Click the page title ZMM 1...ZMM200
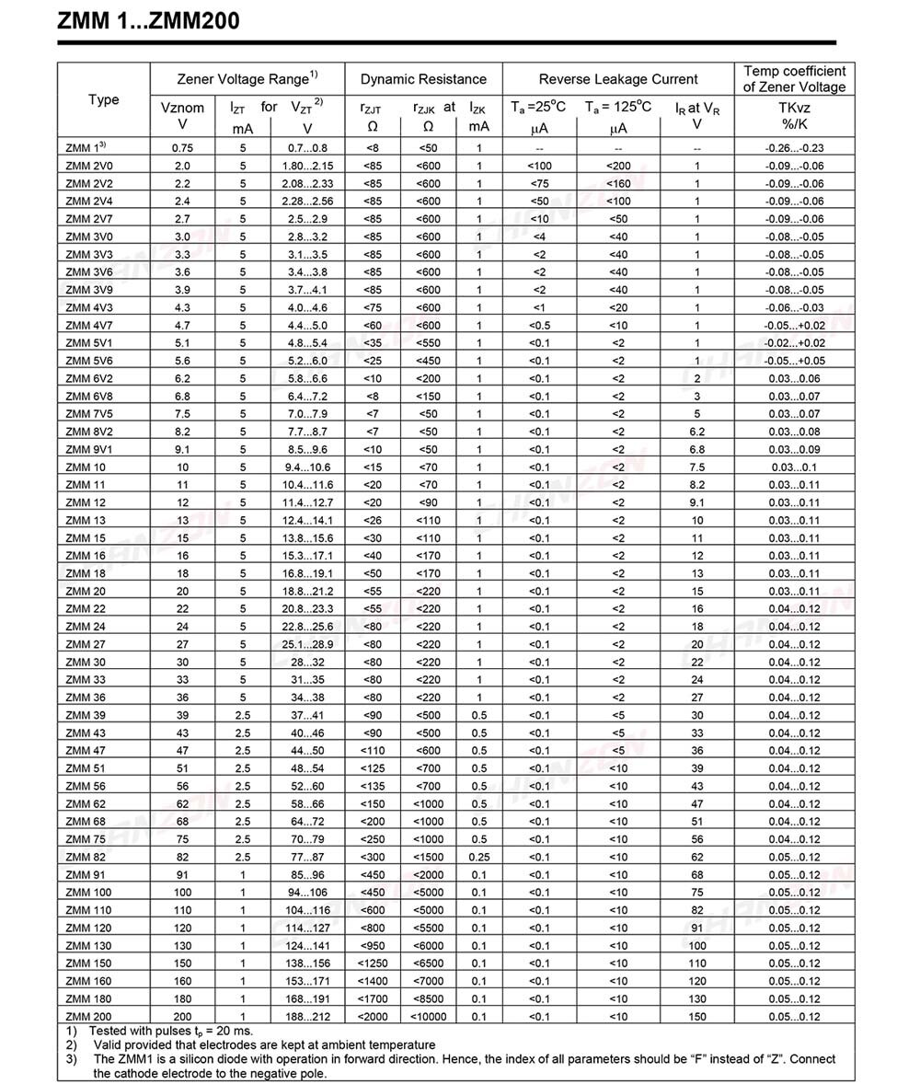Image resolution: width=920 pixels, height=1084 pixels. click(x=148, y=20)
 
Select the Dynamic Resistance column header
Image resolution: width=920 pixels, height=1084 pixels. click(x=423, y=79)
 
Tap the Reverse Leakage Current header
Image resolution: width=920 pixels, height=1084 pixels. click(x=617, y=79)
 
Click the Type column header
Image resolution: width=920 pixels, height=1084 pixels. click(x=103, y=99)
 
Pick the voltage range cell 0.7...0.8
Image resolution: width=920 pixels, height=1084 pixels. click(x=307, y=148)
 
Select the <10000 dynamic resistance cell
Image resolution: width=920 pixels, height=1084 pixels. click(x=428, y=1016)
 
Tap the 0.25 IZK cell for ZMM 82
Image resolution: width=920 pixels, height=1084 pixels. click(x=479, y=857)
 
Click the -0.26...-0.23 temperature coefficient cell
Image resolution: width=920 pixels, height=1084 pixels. click(x=794, y=148)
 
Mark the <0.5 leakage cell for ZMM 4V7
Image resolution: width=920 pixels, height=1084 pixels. click(x=539, y=326)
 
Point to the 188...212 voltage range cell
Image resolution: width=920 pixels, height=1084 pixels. click(x=307, y=1016)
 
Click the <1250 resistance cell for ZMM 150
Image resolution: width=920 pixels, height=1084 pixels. click(x=373, y=963)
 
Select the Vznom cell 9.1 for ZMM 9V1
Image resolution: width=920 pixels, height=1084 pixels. click(x=182, y=449)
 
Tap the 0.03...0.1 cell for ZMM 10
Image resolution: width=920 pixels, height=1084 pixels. click(x=794, y=467)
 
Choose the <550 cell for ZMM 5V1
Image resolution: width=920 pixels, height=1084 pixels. click(x=428, y=343)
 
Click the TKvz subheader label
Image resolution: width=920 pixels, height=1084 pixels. click(x=794, y=108)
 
